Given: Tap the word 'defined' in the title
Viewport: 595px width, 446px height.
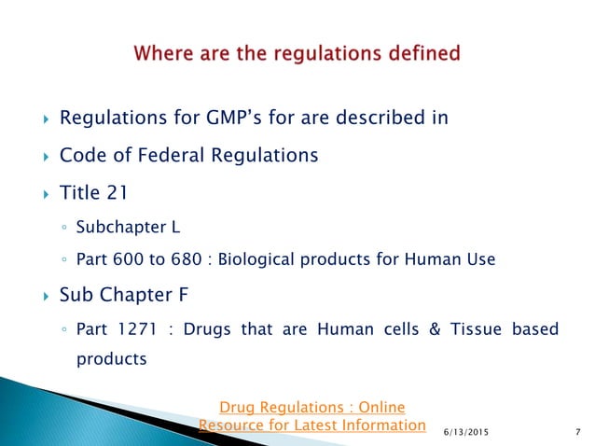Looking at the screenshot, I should pyautogui.click(x=419, y=53).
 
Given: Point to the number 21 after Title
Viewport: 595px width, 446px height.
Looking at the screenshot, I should pyautogui.click(x=112, y=194).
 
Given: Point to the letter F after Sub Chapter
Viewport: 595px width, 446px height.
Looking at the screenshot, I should pyautogui.click(x=189, y=297).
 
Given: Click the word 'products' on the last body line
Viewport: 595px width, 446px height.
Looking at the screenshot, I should pyautogui.click(x=111, y=357).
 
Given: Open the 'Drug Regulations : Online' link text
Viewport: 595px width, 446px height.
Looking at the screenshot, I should pyautogui.click(x=311, y=407).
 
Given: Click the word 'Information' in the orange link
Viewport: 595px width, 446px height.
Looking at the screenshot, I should pyautogui.click(x=378, y=425).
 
